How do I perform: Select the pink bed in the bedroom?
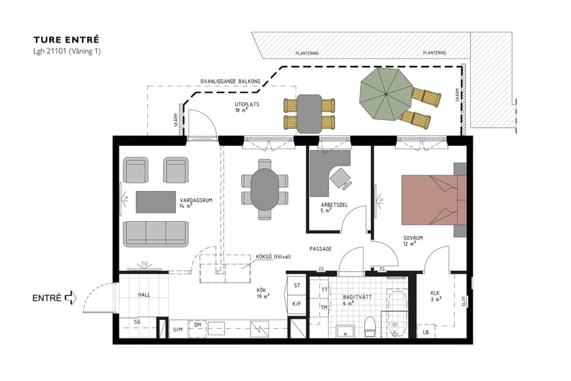[x=431, y=199]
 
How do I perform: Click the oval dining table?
[x=265, y=189]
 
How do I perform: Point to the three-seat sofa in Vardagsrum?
[x=155, y=233]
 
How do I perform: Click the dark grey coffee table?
[x=155, y=202]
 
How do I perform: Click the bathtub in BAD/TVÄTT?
[x=397, y=314]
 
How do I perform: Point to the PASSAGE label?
[x=320, y=249]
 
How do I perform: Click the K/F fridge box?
[x=296, y=304]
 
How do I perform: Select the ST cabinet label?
[x=296, y=286]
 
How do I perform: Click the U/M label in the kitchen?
[x=178, y=330]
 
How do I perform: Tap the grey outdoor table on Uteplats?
[x=309, y=113]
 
